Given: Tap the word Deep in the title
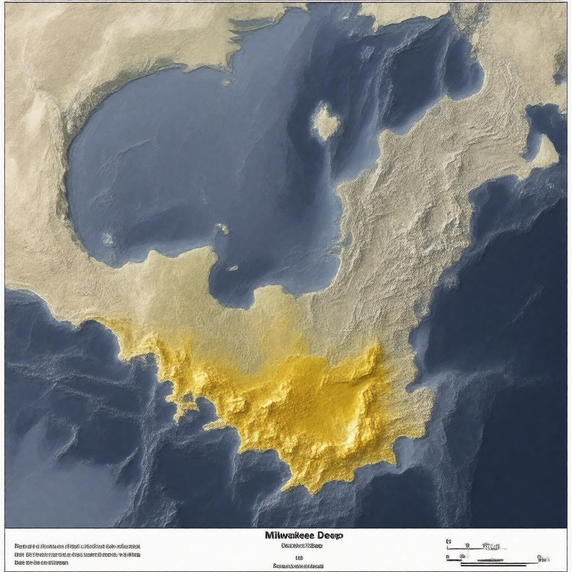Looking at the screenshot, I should [330, 535].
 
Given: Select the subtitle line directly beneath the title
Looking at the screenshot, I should [302, 546].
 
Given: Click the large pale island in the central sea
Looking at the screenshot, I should [325, 120].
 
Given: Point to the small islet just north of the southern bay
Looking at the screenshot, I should [222, 228].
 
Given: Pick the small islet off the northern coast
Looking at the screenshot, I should [226, 82].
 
